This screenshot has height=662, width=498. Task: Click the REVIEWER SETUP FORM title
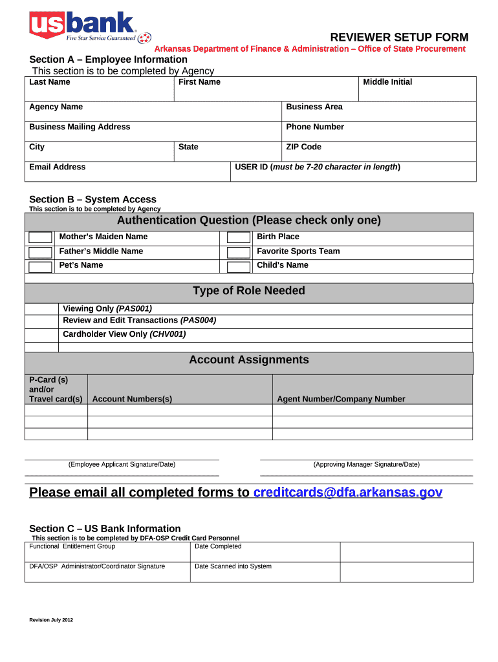399,37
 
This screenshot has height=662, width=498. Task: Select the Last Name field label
50,82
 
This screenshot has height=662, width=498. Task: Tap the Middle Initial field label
387,82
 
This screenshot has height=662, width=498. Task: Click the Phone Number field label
315,127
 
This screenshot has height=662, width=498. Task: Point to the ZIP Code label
303,147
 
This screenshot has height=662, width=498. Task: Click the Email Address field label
57,167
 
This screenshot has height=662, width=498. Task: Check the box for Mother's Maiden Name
41,238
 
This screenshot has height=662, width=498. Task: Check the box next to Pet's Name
41,266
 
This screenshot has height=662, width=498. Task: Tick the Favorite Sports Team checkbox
239,252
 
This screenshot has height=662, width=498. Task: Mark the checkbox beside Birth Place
239,238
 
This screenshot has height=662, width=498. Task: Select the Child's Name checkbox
239,266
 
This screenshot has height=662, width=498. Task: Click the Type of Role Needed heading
248,291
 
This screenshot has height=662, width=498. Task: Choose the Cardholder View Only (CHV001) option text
124,334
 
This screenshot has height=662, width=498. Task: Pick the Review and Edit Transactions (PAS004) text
139,320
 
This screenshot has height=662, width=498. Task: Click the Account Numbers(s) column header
132,399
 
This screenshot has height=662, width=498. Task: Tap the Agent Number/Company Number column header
341,399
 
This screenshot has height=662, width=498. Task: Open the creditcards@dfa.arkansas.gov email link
348,493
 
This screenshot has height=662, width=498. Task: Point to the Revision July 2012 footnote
51,620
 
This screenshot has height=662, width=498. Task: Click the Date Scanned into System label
233,566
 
